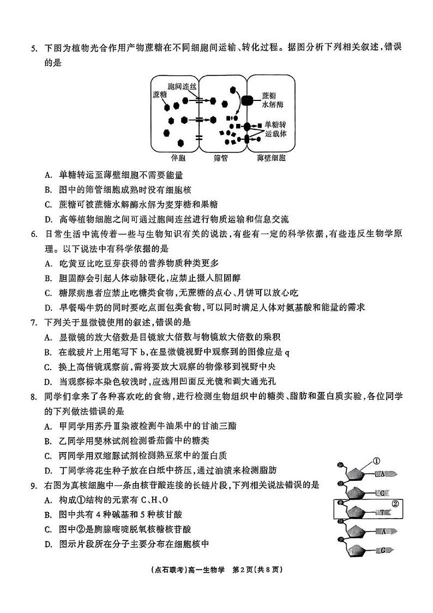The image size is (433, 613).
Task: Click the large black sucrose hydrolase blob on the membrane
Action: tap(248, 102)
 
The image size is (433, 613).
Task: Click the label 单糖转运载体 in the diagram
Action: tap(275, 129)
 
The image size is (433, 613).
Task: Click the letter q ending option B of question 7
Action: tap(287, 352)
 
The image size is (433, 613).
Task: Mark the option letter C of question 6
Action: tap(49, 292)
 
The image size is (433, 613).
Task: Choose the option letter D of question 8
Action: tap(49, 469)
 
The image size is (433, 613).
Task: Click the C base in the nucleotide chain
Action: tap(384, 493)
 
